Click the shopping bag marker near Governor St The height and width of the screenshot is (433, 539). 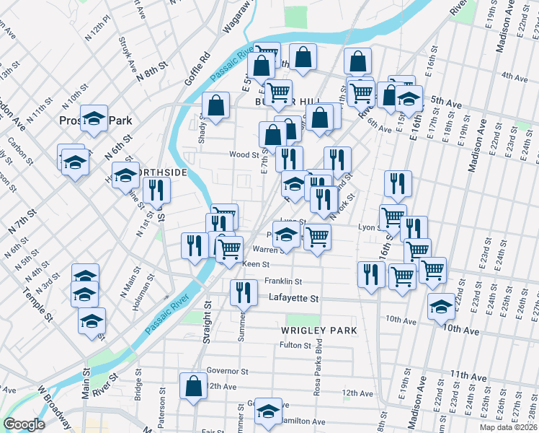click(193, 386)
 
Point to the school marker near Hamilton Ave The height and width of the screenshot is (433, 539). click(268, 411)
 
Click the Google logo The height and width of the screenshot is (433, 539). click(24, 424)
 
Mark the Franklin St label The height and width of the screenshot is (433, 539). click(282, 281)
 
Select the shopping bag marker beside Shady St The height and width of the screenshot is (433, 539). click(215, 105)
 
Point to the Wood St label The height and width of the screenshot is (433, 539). click(244, 154)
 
